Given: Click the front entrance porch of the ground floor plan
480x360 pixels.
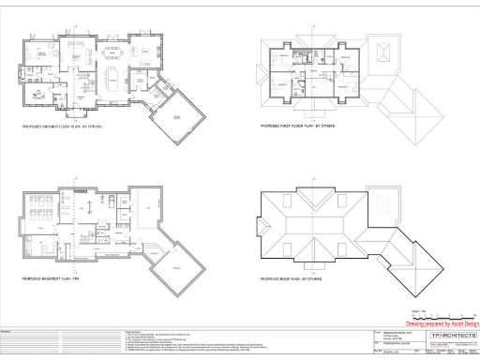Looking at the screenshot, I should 73,111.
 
